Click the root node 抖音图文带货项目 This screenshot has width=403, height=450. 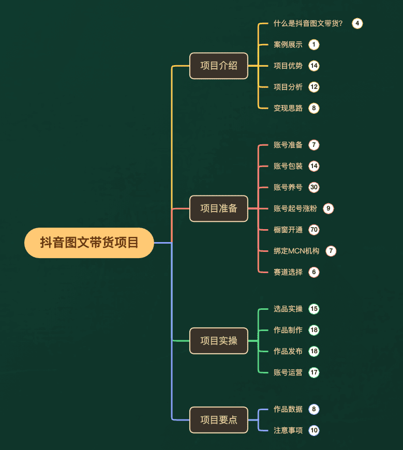click(x=89, y=243)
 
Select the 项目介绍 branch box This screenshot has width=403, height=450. click(x=219, y=66)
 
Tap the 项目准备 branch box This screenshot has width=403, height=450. click(x=219, y=208)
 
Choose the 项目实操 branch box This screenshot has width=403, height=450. click(x=219, y=341)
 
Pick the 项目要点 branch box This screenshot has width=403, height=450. click(x=219, y=420)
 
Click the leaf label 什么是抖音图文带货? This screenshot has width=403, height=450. click(x=308, y=23)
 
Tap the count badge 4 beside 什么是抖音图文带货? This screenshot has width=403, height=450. click(x=357, y=23)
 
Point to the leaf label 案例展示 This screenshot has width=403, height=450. click(x=288, y=44)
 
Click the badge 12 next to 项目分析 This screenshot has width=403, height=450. click(x=314, y=87)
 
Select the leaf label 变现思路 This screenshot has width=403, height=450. click(x=288, y=108)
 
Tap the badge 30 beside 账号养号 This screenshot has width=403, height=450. click(x=314, y=187)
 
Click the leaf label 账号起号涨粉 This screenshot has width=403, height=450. click(x=295, y=208)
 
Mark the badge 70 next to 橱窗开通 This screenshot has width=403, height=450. click(x=314, y=230)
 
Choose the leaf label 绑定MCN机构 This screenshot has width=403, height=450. click(x=296, y=251)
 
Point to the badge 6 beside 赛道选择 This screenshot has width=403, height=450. click(x=314, y=272)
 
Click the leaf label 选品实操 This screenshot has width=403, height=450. click(x=288, y=309)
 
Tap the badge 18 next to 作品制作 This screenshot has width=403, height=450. click(x=314, y=330)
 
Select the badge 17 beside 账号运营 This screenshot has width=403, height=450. click(x=314, y=372)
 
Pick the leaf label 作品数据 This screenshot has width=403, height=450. click(x=288, y=409)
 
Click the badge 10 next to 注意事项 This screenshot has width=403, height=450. click(x=314, y=430)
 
